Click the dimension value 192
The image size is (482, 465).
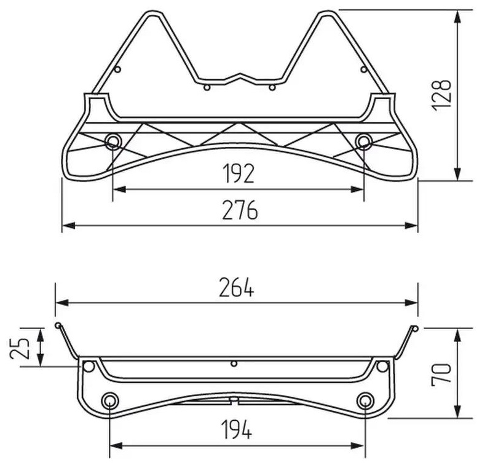pos(239,173)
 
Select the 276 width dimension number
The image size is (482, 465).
pos(240,210)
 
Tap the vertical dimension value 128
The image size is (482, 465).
pos(441,95)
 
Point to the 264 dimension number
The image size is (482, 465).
pos(236,287)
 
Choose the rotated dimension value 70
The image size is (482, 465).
pos(441,374)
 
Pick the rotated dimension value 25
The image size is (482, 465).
pos(20,348)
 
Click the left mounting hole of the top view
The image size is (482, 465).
pos(113,141)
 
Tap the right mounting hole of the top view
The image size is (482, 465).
pos(364,141)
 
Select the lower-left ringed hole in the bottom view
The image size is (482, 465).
pos(109,400)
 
